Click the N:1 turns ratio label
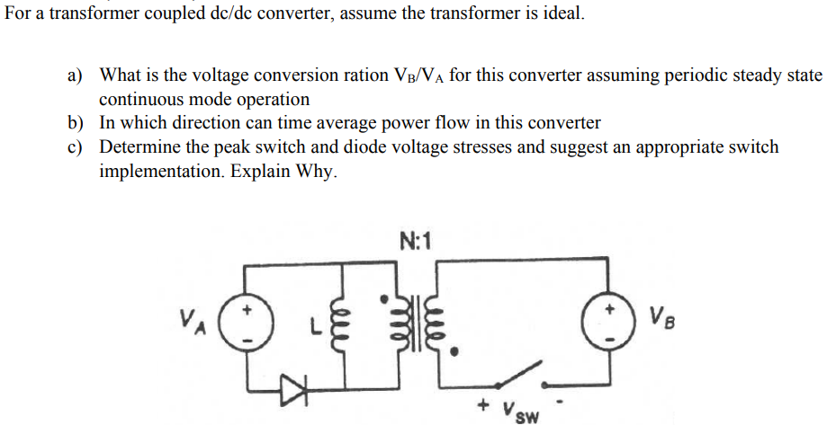pos(415,240)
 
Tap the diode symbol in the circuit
pos(293,388)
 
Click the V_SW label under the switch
pos(521,413)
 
